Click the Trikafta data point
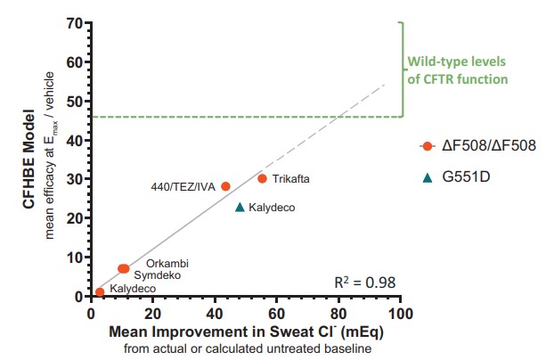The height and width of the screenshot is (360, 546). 262,178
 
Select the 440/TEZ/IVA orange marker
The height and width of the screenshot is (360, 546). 225,186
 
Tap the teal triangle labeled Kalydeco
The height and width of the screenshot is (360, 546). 240,207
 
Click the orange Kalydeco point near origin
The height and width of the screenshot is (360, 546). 100,291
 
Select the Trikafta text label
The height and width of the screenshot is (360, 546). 291,179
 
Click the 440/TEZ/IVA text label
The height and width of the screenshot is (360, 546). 183,187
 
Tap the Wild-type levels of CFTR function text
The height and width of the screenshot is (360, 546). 457,71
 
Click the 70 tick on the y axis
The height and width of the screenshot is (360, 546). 77,23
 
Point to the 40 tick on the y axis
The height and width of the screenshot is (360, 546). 77,140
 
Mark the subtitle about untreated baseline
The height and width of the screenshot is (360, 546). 245,348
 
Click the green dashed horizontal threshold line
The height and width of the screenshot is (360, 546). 249,117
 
